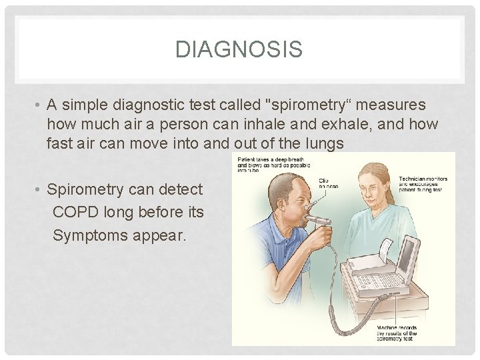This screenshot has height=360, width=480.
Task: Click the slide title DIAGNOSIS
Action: pos(239,49)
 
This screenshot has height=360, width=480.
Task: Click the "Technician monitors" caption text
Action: pos(423,183)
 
